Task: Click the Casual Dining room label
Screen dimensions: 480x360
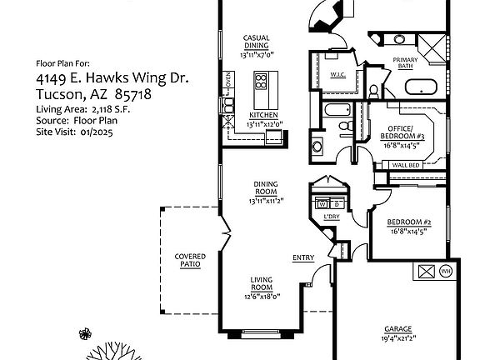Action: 256,42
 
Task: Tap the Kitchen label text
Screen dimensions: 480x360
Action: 263,115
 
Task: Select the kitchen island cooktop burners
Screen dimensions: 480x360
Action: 261,81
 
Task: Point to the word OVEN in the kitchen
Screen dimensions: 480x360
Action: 228,79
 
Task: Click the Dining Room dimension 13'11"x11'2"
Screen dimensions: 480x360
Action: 266,201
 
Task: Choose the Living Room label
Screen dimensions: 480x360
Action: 262,283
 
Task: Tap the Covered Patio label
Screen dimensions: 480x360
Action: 190,260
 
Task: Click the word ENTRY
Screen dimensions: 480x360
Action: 303,257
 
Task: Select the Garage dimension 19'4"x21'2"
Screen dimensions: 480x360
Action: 398,338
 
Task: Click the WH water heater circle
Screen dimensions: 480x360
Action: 445,271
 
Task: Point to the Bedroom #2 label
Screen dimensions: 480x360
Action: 409,222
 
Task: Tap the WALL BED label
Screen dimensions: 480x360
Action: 406,165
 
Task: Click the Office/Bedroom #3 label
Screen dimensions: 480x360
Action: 402,132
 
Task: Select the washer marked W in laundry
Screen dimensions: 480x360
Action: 322,204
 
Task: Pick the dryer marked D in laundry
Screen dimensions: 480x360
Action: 337,204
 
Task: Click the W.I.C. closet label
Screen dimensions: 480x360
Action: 338,74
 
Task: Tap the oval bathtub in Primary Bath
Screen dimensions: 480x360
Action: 421,87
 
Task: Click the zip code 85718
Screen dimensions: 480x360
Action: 133,94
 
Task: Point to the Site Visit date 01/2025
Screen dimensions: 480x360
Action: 97,132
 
